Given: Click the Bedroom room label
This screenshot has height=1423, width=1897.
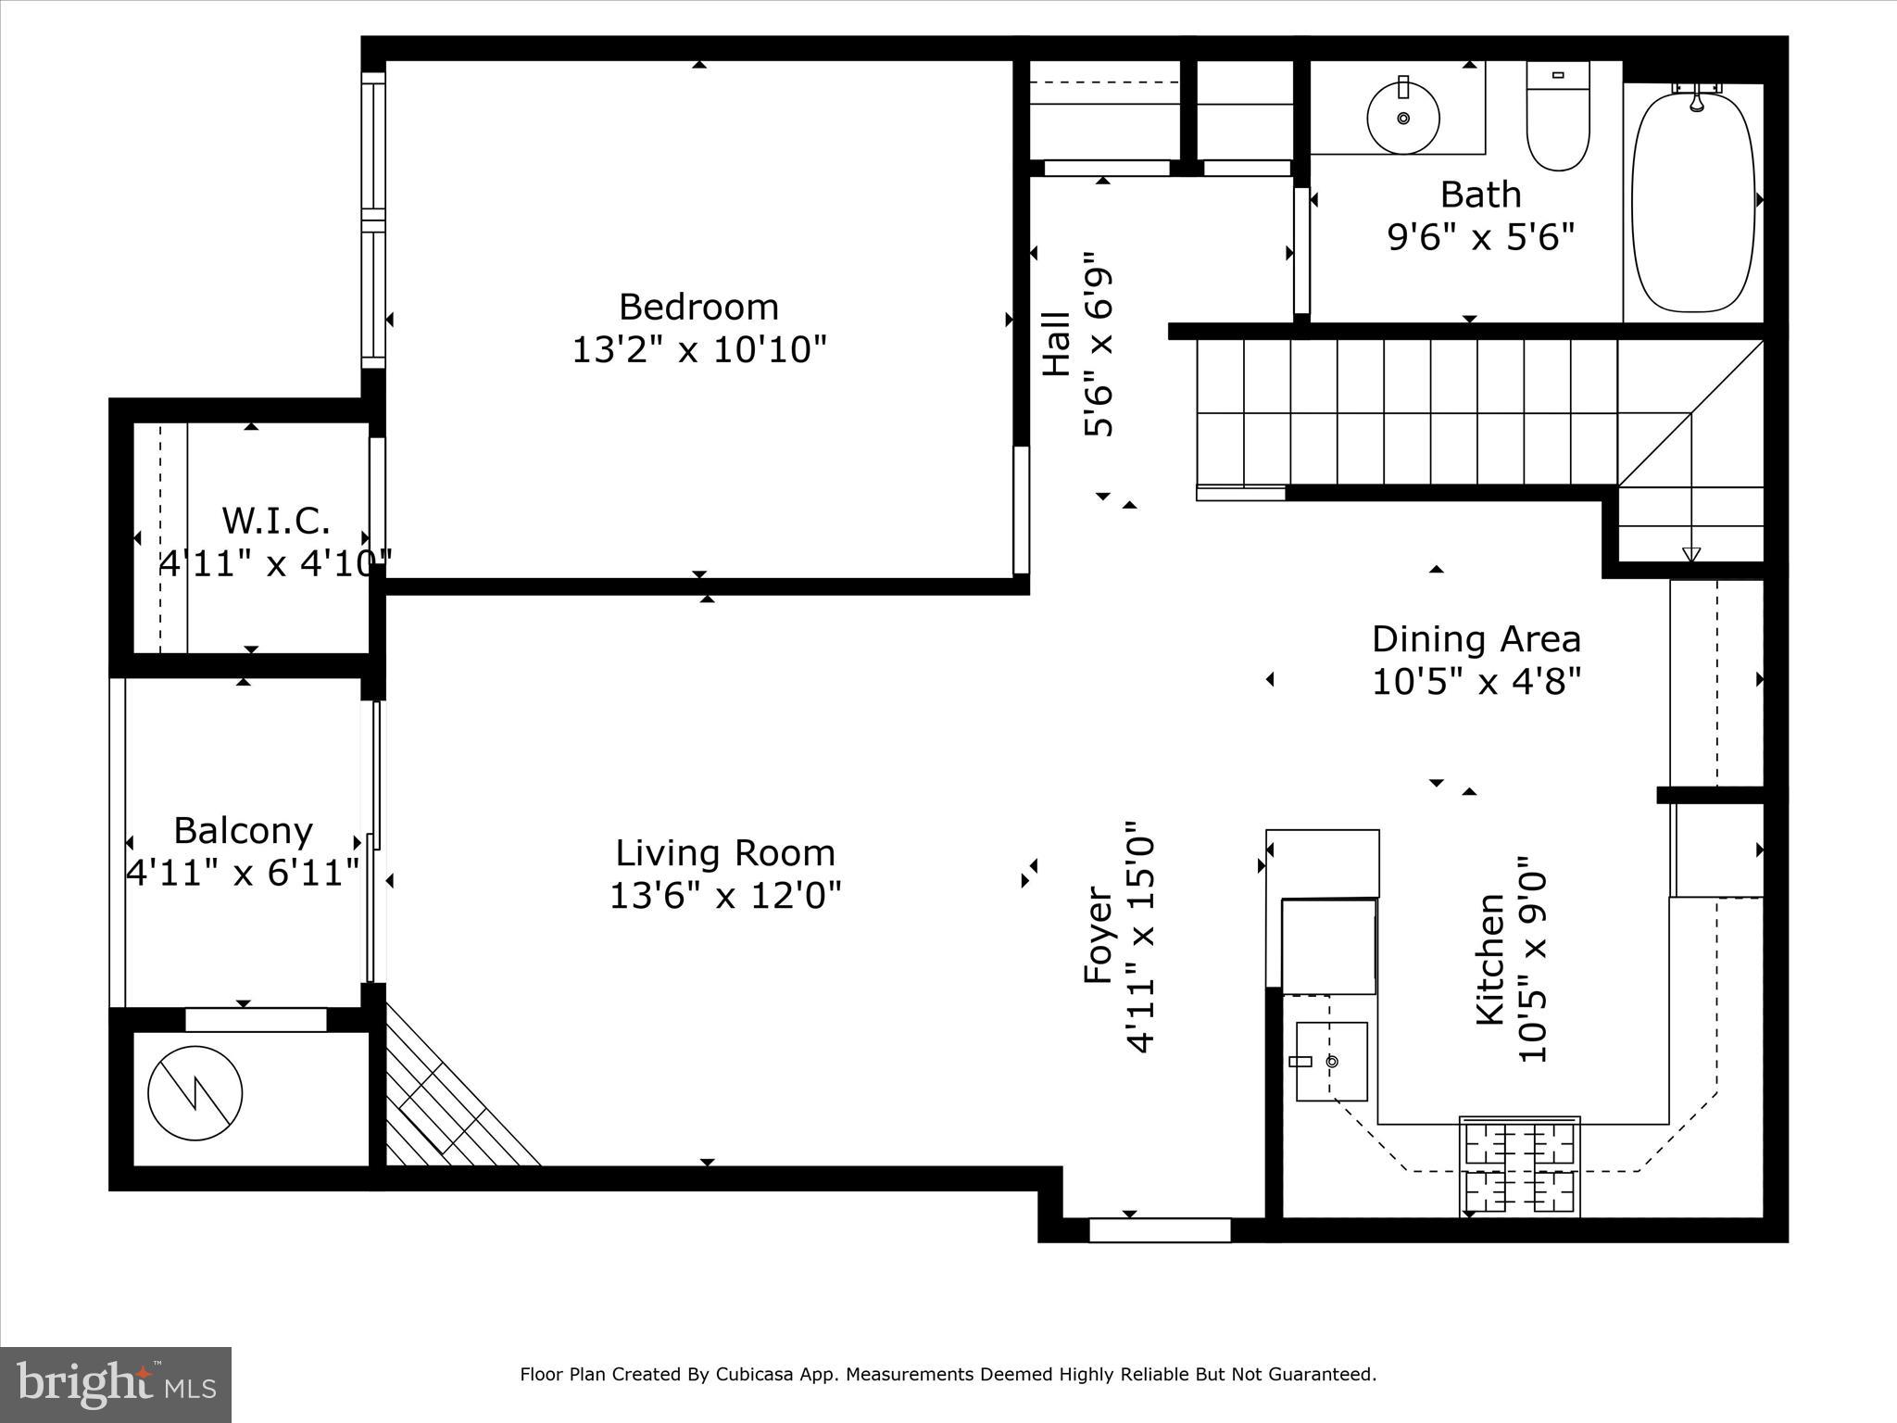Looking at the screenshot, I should [698, 307].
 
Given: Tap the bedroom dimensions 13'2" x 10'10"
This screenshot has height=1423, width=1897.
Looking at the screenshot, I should [698, 350].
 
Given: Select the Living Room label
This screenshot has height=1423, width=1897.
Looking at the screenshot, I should [725, 852].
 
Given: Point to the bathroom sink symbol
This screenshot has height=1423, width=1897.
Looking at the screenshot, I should [1403, 118].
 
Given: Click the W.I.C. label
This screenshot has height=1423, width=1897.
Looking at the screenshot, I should [276, 521].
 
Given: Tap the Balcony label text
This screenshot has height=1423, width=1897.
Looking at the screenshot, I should [243, 830].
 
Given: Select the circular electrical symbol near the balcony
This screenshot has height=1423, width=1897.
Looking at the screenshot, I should [195, 1093].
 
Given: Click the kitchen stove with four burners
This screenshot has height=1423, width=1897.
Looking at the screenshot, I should [1519, 1166].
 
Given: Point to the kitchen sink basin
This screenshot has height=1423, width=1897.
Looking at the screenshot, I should [1331, 1062].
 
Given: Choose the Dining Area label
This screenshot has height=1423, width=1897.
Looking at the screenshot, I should [1476, 639].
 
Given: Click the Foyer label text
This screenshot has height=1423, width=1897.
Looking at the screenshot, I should [1099, 936].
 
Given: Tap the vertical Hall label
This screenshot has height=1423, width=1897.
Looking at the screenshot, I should [1057, 344].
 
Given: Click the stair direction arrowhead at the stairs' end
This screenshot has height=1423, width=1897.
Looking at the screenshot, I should [1691, 554].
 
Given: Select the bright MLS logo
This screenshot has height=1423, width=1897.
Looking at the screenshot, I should [116, 1384].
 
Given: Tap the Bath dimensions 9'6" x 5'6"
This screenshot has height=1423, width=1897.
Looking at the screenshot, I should [1480, 238].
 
